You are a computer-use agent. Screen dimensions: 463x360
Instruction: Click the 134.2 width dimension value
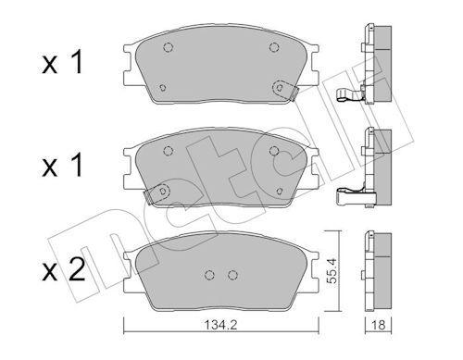click(220, 325)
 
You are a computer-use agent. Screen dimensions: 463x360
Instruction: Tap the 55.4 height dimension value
click(332, 271)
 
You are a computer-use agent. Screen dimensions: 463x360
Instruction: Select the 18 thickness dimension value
click(379, 325)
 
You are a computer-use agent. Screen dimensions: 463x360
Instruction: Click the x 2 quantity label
click(64, 269)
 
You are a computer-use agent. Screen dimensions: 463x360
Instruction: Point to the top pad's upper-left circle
click(168, 47)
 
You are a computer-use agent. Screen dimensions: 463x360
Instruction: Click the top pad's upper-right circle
click(274, 47)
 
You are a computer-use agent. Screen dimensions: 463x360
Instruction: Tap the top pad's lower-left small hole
click(163, 88)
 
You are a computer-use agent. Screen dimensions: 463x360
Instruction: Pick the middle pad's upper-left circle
click(168, 151)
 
